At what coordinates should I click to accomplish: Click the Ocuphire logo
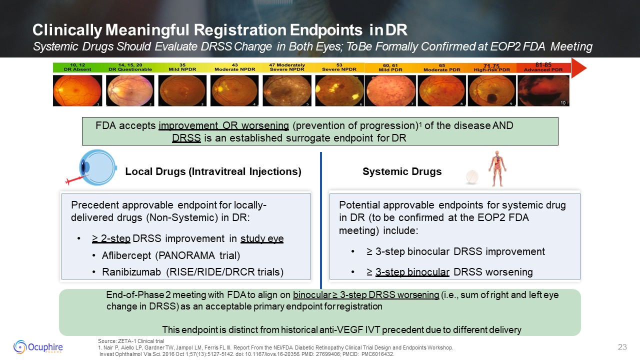coord(38,347)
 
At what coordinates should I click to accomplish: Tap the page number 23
coord(622,347)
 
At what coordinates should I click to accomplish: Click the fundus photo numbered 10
coord(543,90)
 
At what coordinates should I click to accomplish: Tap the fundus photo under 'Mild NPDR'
coord(182,90)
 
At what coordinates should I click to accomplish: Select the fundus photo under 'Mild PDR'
coord(390,90)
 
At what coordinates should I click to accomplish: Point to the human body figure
coord(497,168)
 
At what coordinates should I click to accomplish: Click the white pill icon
coord(472,177)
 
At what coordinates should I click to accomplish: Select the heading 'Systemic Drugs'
coord(402,171)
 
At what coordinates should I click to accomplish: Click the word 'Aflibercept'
coord(126,255)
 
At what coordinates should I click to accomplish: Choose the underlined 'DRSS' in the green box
coord(186,138)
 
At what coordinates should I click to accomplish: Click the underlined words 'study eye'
coord(262,238)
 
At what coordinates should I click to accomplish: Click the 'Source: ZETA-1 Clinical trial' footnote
coord(131,341)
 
